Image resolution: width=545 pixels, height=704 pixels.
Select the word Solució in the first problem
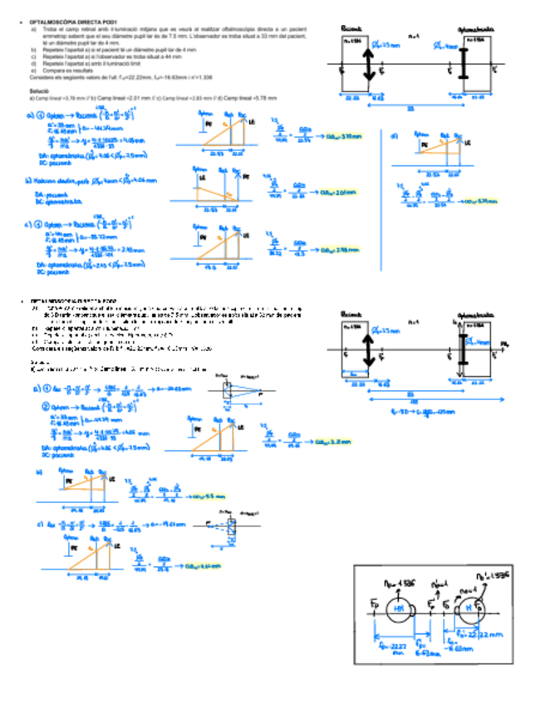[40, 89]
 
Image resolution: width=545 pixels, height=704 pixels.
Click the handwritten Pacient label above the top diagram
[352, 27]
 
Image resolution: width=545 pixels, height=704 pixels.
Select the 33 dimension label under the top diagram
[410, 107]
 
